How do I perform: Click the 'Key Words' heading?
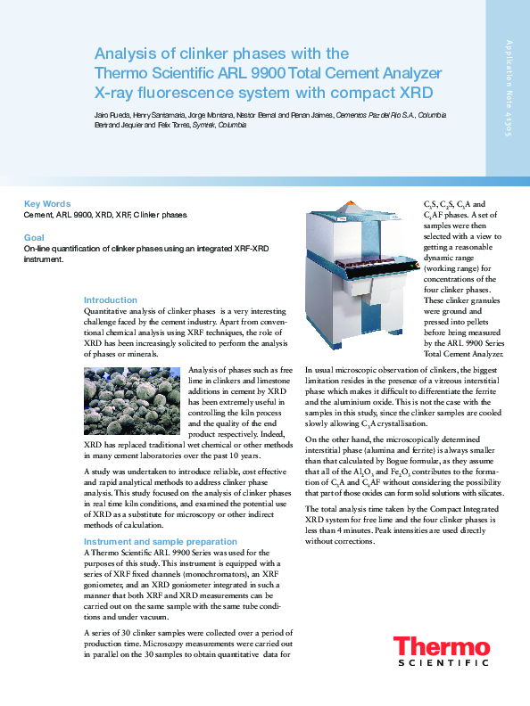click(x=46, y=204)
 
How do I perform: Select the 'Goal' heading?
click(x=34, y=238)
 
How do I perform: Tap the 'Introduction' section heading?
click(x=111, y=300)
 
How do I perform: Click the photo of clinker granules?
click(x=134, y=401)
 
